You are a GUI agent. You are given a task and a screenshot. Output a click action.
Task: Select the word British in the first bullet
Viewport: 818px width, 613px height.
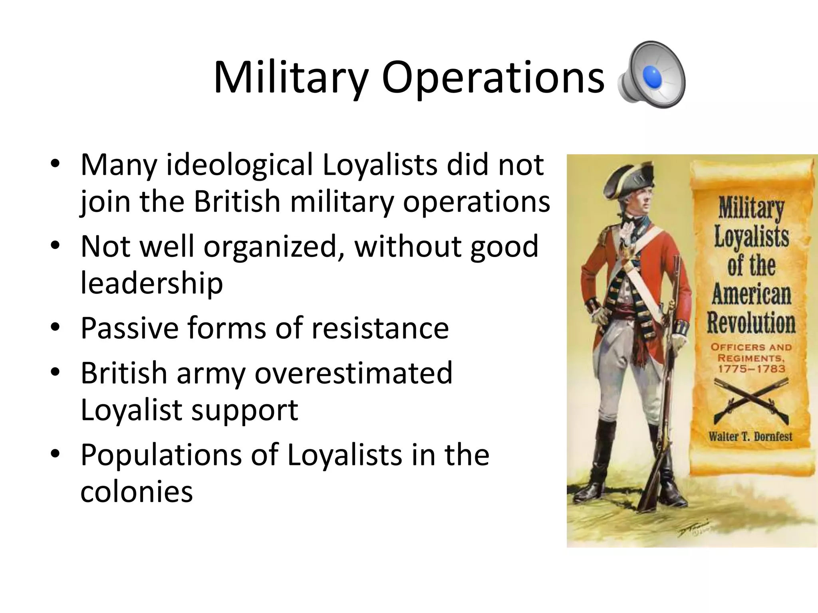pos(237,202)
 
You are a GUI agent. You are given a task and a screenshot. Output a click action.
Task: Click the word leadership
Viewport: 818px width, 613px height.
pos(152,283)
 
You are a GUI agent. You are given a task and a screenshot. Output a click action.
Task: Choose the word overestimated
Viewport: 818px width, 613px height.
pos(354,373)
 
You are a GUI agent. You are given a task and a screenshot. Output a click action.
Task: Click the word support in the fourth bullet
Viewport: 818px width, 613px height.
pos(245,410)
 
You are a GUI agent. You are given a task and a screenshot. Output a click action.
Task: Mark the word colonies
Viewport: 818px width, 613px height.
pos(137,492)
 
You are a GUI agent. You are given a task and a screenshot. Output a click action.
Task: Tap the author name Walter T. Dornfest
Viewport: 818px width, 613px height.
pos(750,436)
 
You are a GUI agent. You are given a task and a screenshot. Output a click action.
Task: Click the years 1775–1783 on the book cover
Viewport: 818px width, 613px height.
pos(751,368)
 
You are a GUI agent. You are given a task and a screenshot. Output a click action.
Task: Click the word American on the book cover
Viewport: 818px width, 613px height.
pos(751,295)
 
